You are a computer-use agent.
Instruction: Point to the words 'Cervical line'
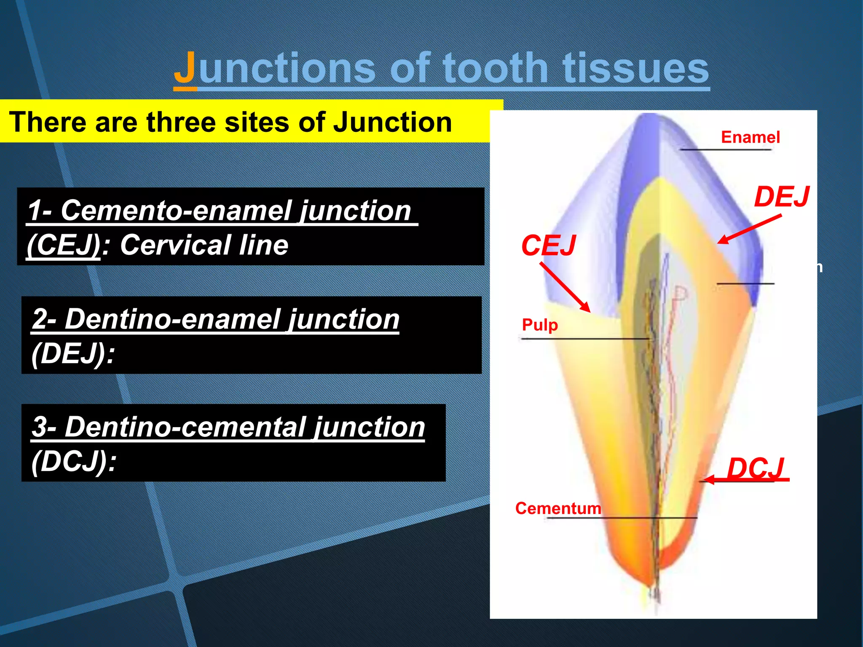coord(204,245)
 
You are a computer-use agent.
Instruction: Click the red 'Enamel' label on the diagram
coord(750,137)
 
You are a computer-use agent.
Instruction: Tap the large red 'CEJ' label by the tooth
coord(548,245)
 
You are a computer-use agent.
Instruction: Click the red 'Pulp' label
coord(539,325)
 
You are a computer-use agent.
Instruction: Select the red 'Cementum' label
coord(558,508)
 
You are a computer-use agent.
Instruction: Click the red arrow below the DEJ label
coord(749,229)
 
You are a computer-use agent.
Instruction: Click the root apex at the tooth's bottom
coord(656,592)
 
